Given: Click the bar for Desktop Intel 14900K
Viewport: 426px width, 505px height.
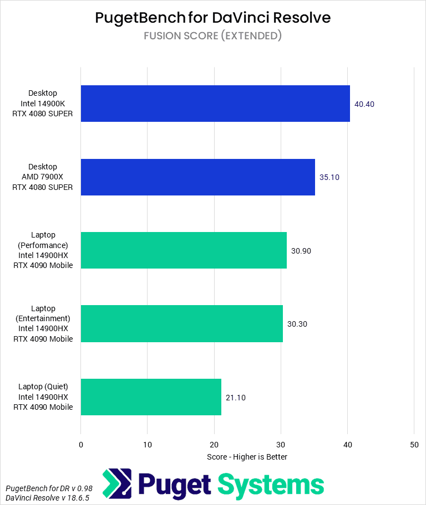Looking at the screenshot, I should [215, 104].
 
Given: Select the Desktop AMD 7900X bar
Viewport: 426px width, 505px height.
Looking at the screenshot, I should [198, 177].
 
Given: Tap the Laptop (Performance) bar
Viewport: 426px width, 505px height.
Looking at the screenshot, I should [184, 250].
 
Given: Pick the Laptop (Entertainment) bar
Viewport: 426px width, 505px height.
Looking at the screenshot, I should [182, 323].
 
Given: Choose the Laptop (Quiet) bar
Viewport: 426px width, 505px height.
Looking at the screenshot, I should [151, 397].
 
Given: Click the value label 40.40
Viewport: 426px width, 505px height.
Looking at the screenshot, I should [365, 104].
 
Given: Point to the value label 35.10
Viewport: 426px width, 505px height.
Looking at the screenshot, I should [329, 177].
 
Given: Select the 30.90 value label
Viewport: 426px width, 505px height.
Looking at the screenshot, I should [301, 250].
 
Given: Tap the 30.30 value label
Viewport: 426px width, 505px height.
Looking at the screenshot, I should [297, 323].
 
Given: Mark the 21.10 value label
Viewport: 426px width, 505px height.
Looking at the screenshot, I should [236, 397].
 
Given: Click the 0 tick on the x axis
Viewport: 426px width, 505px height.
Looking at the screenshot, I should [81, 444].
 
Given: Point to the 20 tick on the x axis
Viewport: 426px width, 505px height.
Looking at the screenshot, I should [214, 444].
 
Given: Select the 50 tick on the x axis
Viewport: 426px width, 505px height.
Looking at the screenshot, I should [414, 444].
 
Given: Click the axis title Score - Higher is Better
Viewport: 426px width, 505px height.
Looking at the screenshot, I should [247, 457].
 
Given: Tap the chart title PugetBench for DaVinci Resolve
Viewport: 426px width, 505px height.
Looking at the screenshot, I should [213, 18].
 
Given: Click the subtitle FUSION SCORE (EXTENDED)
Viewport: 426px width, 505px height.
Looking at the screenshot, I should [213, 36].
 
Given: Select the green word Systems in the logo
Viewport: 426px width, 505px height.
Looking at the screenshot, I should [271, 484].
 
